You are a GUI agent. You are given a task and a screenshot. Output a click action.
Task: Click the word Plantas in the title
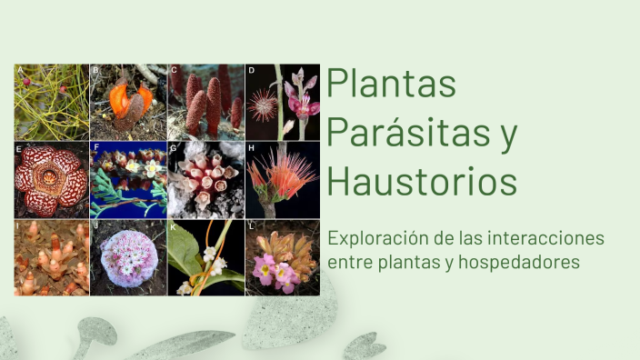click(x=391, y=85)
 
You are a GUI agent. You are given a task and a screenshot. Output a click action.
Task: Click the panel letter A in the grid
click(x=19, y=70)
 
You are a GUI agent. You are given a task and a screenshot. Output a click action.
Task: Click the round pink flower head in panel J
click(x=128, y=257)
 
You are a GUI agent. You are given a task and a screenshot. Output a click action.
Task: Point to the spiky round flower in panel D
click(x=265, y=104)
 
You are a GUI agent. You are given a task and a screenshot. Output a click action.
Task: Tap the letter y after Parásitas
click(x=508, y=135)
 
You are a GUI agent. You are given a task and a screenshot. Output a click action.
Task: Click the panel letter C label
click(x=173, y=70)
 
